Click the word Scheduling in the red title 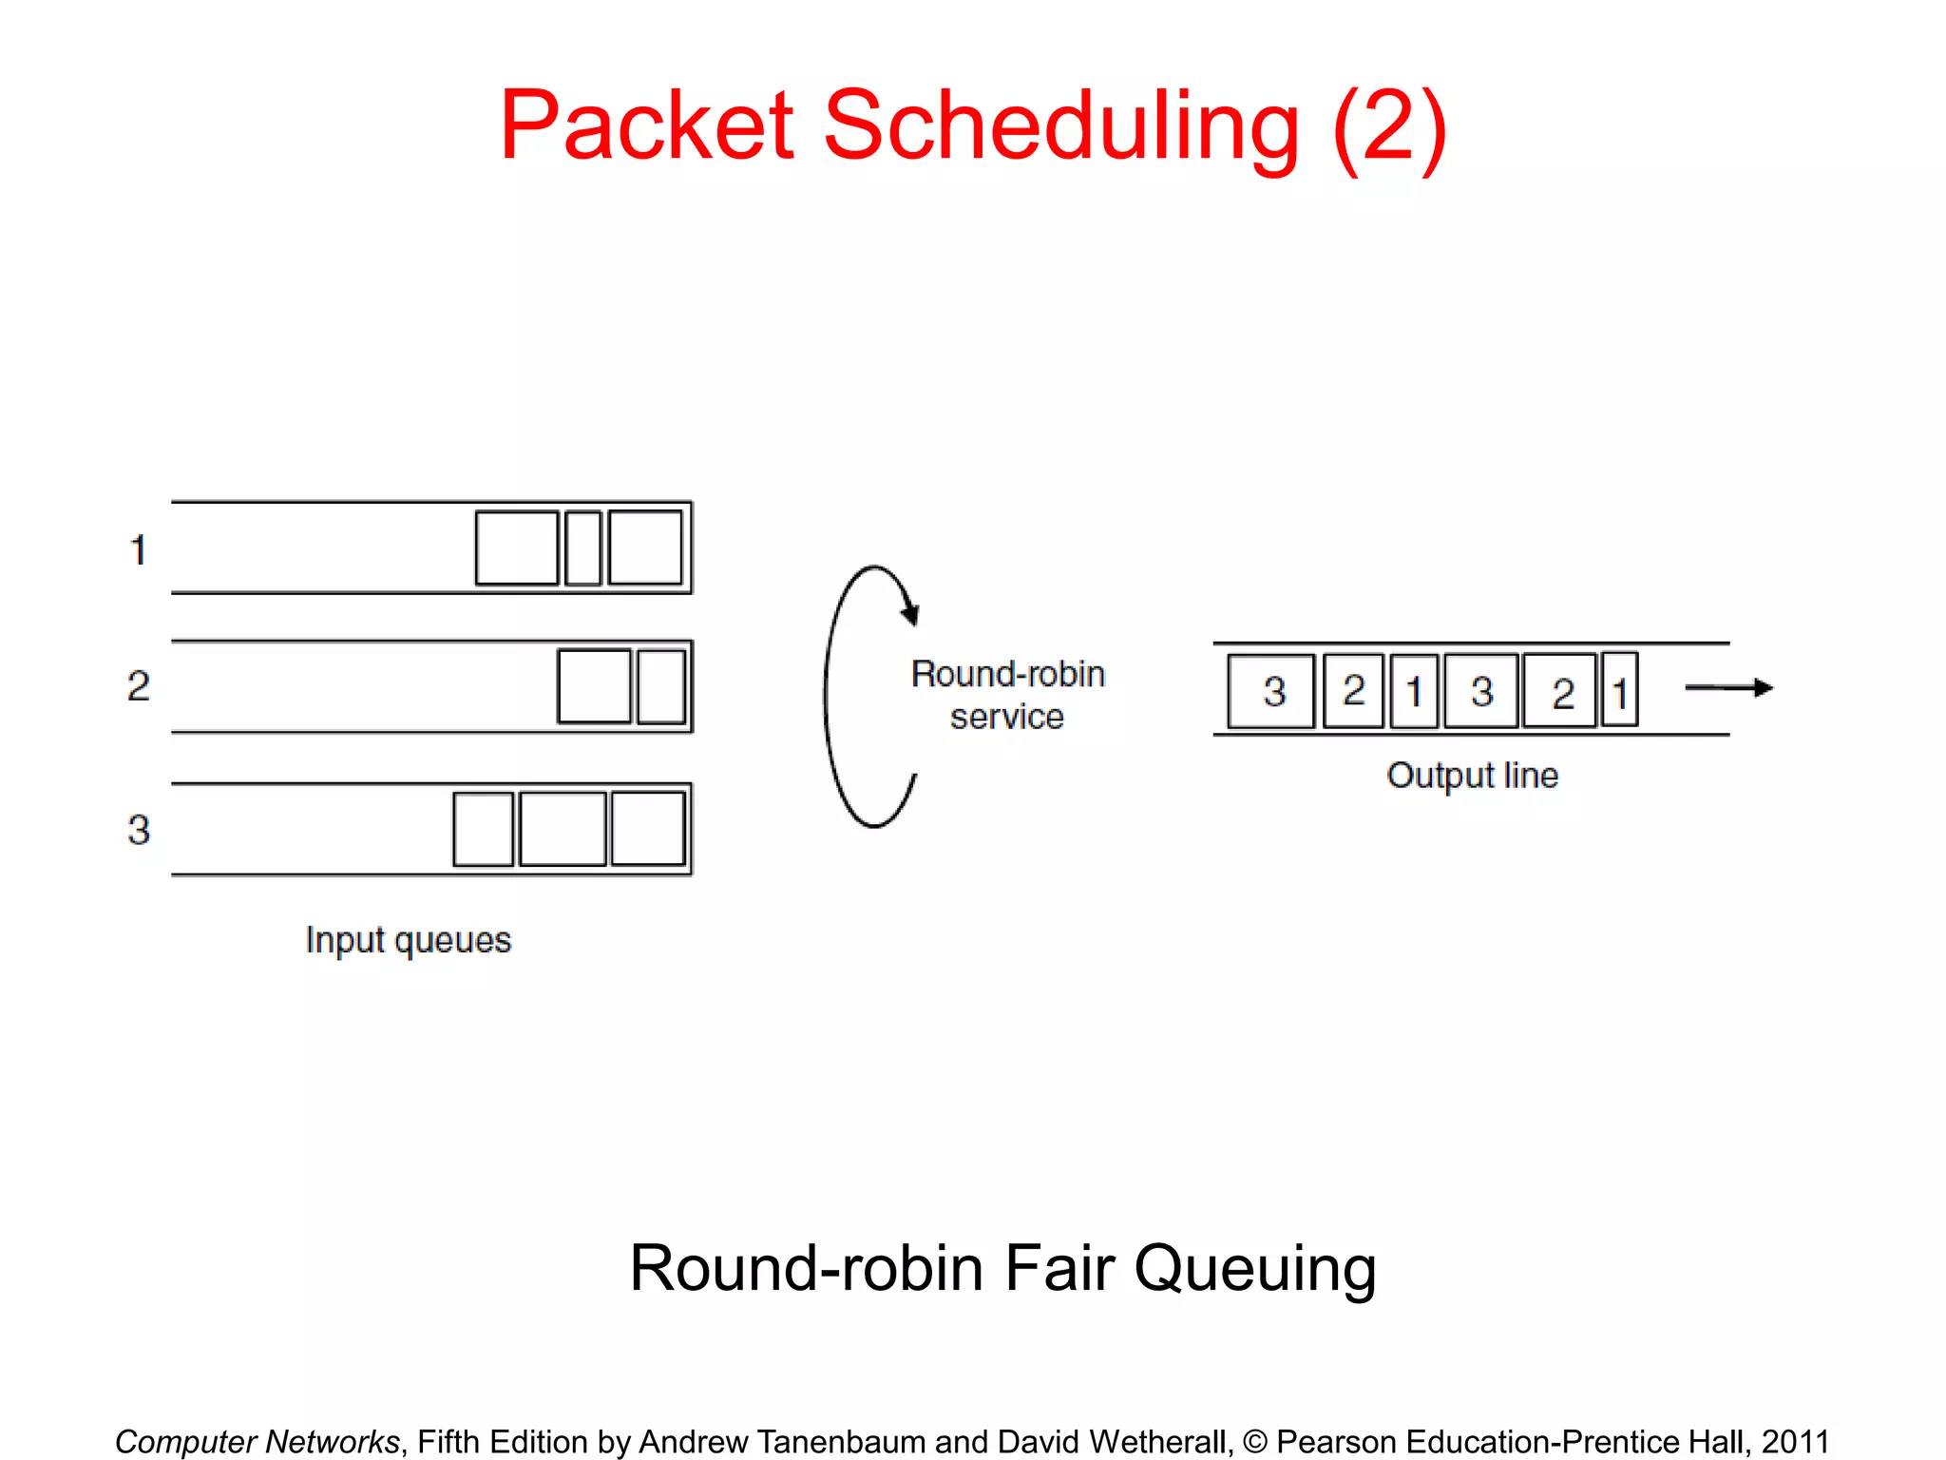coord(1060,127)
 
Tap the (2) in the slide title coord(1389,127)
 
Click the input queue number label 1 coord(139,549)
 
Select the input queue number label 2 coord(139,686)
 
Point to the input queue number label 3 coord(139,830)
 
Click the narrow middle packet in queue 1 coord(582,547)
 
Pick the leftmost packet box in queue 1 coord(516,547)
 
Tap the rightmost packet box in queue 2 coord(661,686)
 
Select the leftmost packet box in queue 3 coord(483,829)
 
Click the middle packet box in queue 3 coord(563,829)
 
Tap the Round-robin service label coord(1007,695)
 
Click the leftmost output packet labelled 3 coord(1271,691)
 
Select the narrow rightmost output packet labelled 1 coord(1620,691)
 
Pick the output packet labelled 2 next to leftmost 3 coord(1353,691)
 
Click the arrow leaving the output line coord(1729,687)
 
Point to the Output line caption coord(1472,776)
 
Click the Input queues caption coord(409,940)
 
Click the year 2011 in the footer coord(1795,1441)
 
